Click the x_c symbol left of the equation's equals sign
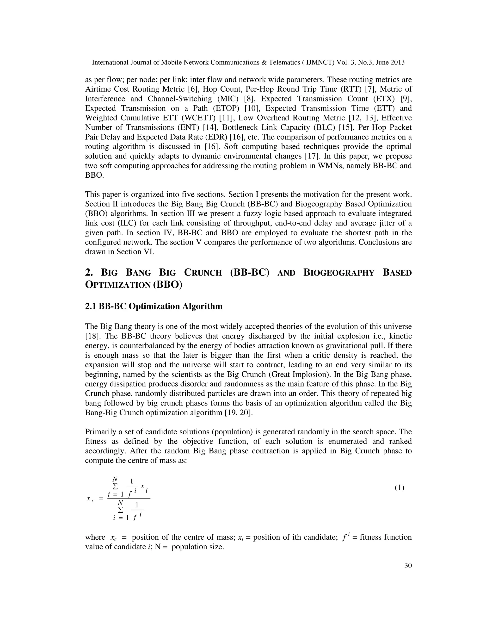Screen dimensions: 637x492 (90, 499)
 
